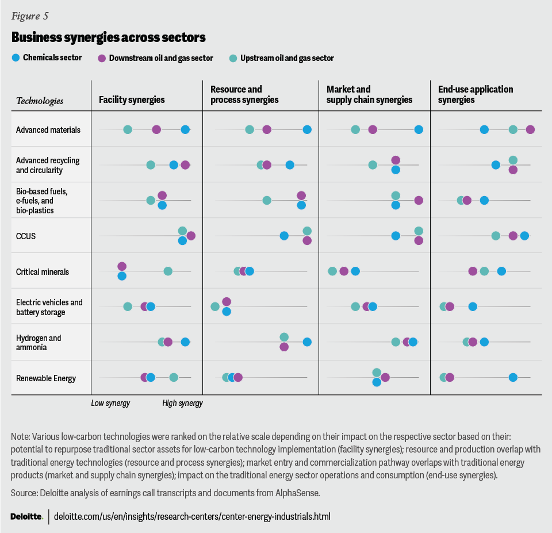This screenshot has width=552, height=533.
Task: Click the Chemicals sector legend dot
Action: coord(16,57)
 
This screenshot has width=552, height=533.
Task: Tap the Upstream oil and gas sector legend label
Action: coord(287,58)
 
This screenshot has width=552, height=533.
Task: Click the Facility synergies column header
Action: coord(132,100)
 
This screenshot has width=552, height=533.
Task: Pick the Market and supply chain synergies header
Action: coord(369,94)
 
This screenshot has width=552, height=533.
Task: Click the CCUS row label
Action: coord(26,236)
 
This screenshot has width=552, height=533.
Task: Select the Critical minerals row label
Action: coord(43,271)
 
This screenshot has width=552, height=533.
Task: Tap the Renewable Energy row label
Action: coord(46,378)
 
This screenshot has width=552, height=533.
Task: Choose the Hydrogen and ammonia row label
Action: coord(39,343)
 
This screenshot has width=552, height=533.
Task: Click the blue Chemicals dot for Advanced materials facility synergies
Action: coord(185,130)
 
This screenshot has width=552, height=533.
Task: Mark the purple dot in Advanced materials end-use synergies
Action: coord(530,130)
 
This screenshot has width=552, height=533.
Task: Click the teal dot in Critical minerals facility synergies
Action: coord(168,271)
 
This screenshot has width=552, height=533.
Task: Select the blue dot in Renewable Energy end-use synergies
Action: coord(513,377)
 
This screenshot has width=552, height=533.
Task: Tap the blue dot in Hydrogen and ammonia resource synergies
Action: coord(307,342)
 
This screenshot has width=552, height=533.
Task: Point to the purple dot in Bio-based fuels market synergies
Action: coord(419,200)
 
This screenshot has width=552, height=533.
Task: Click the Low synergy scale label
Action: coord(110,403)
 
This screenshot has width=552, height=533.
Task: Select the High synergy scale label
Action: coord(182,403)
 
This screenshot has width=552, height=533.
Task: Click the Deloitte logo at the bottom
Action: coord(26,516)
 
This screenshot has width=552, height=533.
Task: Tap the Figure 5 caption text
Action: coord(29,16)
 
